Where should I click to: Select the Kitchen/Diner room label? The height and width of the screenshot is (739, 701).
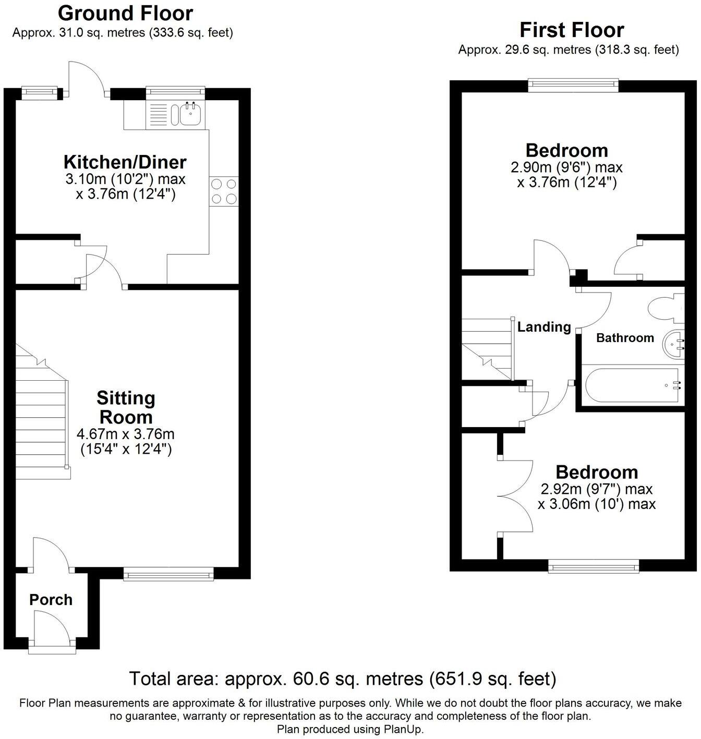pyautogui.click(x=125, y=162)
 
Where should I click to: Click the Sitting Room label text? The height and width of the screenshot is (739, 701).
pyautogui.click(x=126, y=407)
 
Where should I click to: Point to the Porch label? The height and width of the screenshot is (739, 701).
pyautogui.click(x=51, y=600)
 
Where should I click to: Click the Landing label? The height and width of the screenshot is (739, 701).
pyautogui.click(x=544, y=327)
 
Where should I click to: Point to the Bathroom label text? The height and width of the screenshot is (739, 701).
pyautogui.click(x=625, y=338)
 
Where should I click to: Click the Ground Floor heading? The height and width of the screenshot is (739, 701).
pyautogui.click(x=125, y=13)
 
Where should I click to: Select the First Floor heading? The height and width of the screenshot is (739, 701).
pyautogui.click(x=572, y=30)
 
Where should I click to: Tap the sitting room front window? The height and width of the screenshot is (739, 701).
pyautogui.click(x=168, y=575)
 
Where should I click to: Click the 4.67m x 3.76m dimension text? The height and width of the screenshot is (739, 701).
pyautogui.click(x=125, y=434)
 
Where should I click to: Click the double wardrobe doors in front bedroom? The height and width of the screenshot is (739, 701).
pyautogui.click(x=514, y=495)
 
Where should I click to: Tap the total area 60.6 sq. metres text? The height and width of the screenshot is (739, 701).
pyautogui.click(x=343, y=679)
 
